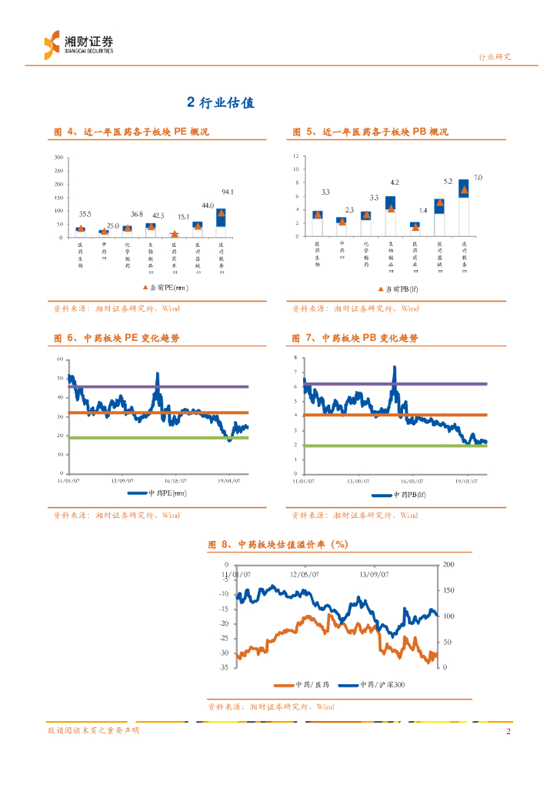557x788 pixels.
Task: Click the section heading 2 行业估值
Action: (221, 102)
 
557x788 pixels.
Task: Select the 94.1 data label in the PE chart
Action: (228, 192)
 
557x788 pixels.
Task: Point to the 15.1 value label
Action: (183, 217)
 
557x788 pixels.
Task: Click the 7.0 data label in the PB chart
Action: (478, 178)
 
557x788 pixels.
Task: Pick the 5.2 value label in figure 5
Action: (448, 182)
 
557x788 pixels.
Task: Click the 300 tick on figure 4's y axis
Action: (58, 158)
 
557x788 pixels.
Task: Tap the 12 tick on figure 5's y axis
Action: (296, 156)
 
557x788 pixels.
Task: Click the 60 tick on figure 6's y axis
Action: (59, 360)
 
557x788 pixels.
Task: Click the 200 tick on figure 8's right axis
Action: (450, 564)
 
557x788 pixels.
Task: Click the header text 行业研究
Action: (495, 57)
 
